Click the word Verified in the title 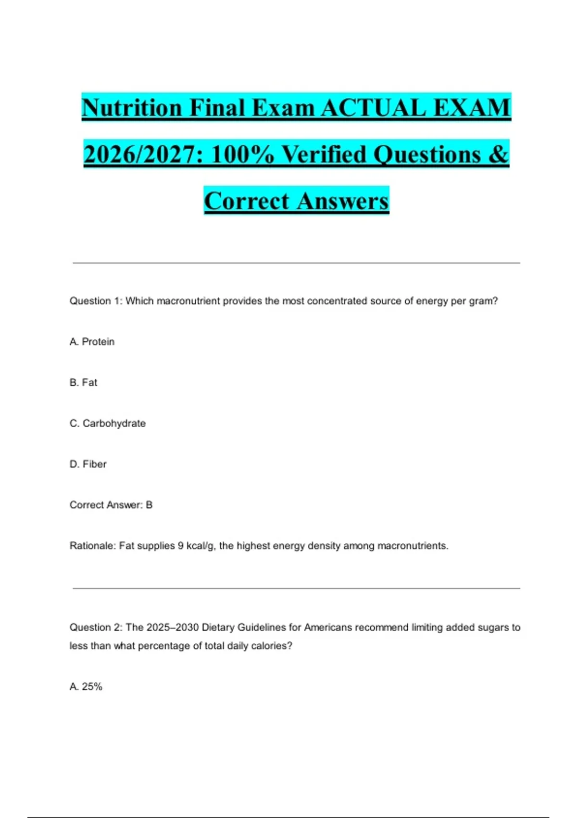point(324,154)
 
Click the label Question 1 point(96,301)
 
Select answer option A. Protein point(92,342)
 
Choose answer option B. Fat point(83,383)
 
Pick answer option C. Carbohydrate point(107,423)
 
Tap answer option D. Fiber point(88,464)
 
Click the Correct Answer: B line point(111,505)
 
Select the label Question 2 point(96,627)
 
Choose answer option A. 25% point(86,687)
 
